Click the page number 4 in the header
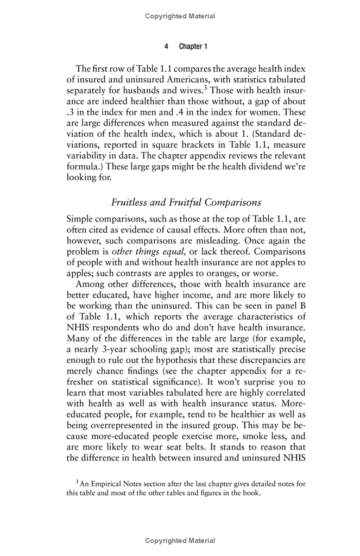tap(166, 47)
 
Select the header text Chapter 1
tap(193, 47)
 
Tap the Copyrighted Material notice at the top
tap(180, 16)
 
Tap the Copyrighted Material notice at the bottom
tap(180, 541)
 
